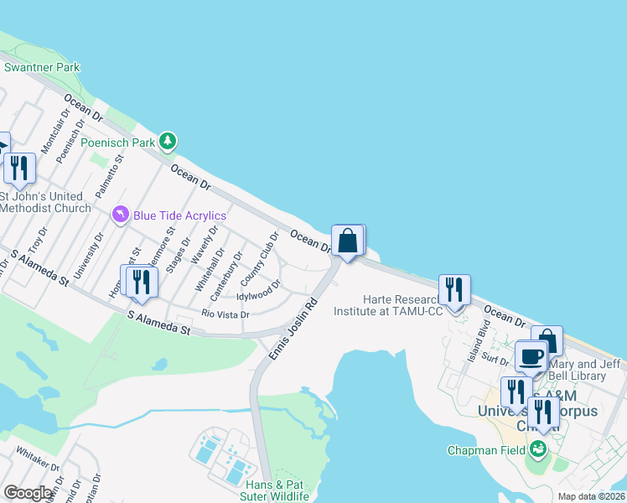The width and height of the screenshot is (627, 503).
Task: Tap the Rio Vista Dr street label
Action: point(225,314)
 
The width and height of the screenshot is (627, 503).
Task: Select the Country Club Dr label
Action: point(259,258)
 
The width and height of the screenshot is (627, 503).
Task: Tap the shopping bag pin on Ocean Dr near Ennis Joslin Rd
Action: point(347,241)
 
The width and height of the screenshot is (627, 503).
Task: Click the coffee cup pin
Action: point(530,355)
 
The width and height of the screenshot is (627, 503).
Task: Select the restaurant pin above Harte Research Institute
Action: point(453,290)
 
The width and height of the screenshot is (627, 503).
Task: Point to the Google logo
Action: point(28,493)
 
